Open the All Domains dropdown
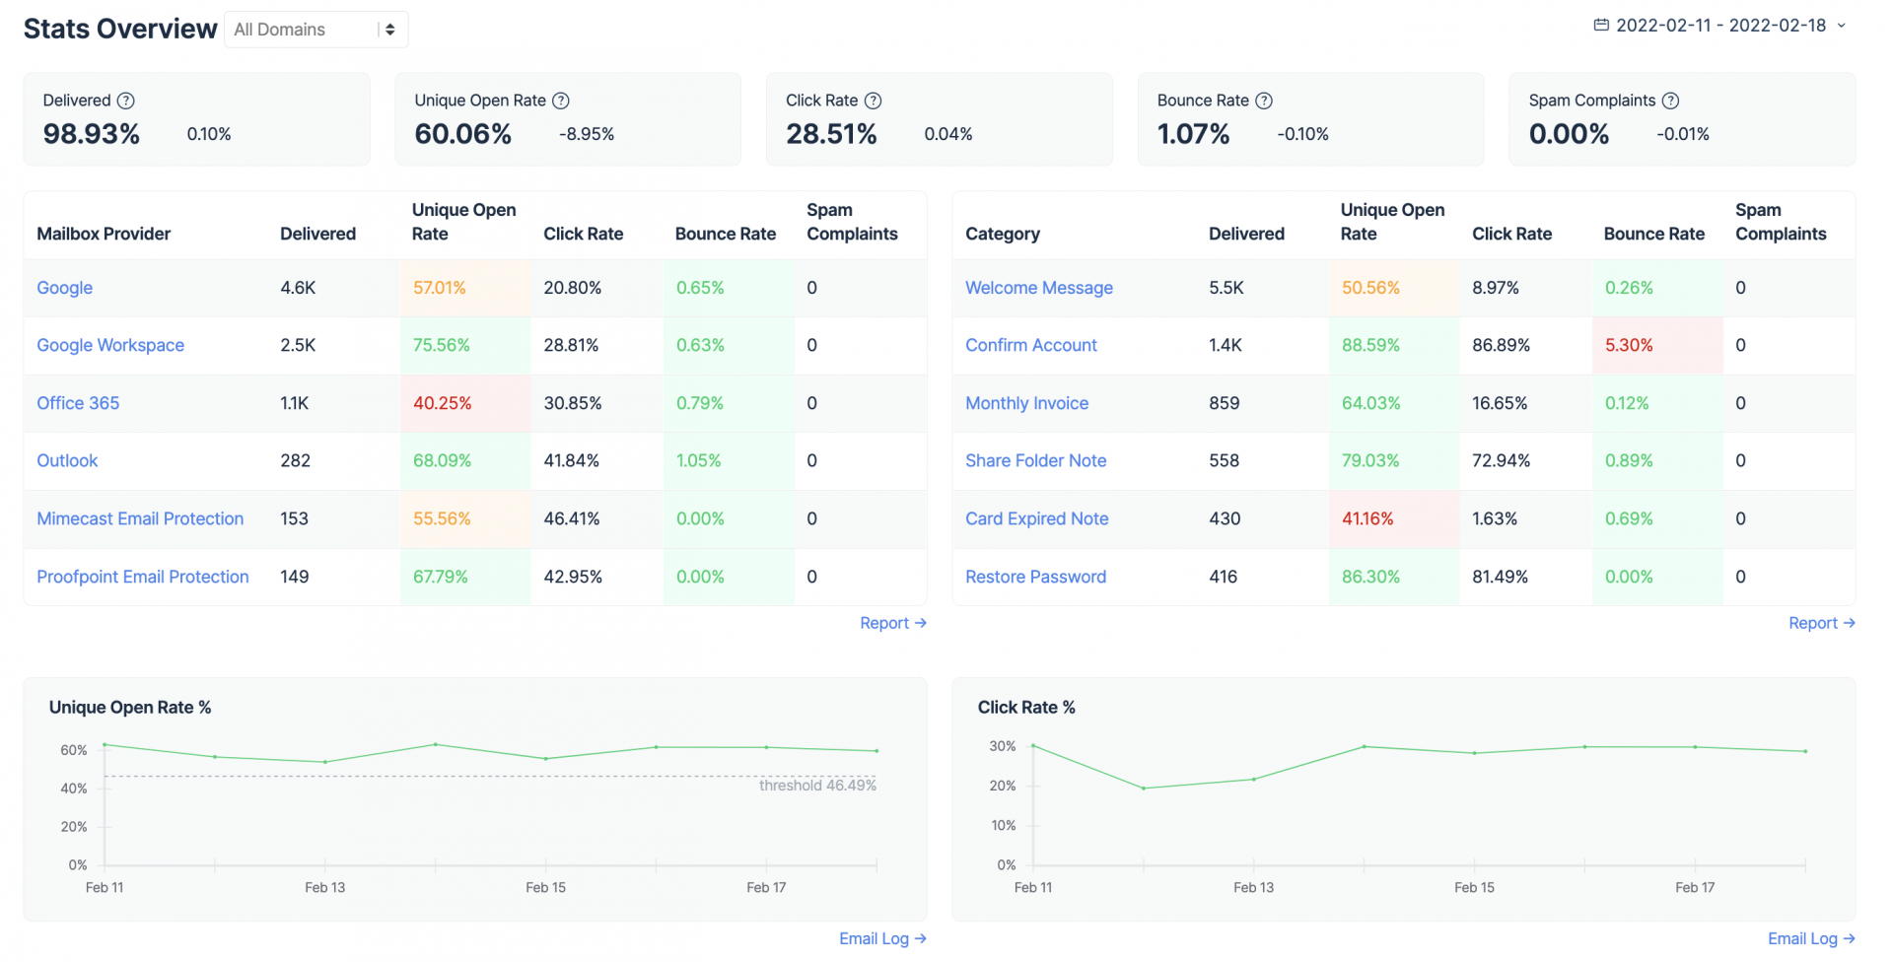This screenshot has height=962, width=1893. click(315, 30)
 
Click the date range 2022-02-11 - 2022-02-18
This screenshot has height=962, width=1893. click(1720, 26)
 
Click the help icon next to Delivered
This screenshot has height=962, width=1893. click(126, 101)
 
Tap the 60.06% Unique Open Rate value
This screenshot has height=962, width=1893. click(462, 134)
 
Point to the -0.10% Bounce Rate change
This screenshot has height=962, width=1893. click(1302, 134)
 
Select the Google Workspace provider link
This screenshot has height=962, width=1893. click(110, 345)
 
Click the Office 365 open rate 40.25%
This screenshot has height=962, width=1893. click(442, 403)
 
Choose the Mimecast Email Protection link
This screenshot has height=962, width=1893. click(140, 518)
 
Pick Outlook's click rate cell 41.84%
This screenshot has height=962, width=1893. click(572, 460)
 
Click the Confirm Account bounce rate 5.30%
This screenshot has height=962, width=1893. click(1629, 345)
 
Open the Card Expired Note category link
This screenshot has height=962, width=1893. click(1036, 518)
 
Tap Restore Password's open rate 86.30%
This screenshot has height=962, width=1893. click(1370, 577)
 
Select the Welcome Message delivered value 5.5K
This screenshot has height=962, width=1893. click(1227, 288)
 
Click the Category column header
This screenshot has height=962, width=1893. click(1002, 234)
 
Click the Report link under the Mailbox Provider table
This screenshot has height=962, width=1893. click(892, 623)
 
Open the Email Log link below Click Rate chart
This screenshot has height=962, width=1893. click(1811, 938)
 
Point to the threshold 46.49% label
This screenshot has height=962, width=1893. click(817, 786)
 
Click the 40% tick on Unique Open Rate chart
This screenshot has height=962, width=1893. click(74, 789)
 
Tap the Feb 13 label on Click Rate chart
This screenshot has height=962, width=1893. click(1253, 887)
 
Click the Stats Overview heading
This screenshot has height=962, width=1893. click(120, 29)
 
